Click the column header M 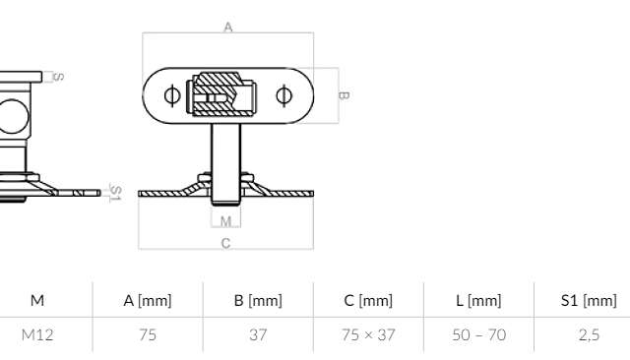click(x=37, y=300)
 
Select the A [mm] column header click(x=148, y=301)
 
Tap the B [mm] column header click(x=258, y=301)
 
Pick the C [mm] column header click(x=368, y=301)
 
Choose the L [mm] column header click(x=479, y=301)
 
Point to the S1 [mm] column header click(x=589, y=301)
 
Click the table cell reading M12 click(x=37, y=334)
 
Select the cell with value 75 click(x=148, y=334)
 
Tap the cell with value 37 click(x=258, y=334)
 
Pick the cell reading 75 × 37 click(x=368, y=334)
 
